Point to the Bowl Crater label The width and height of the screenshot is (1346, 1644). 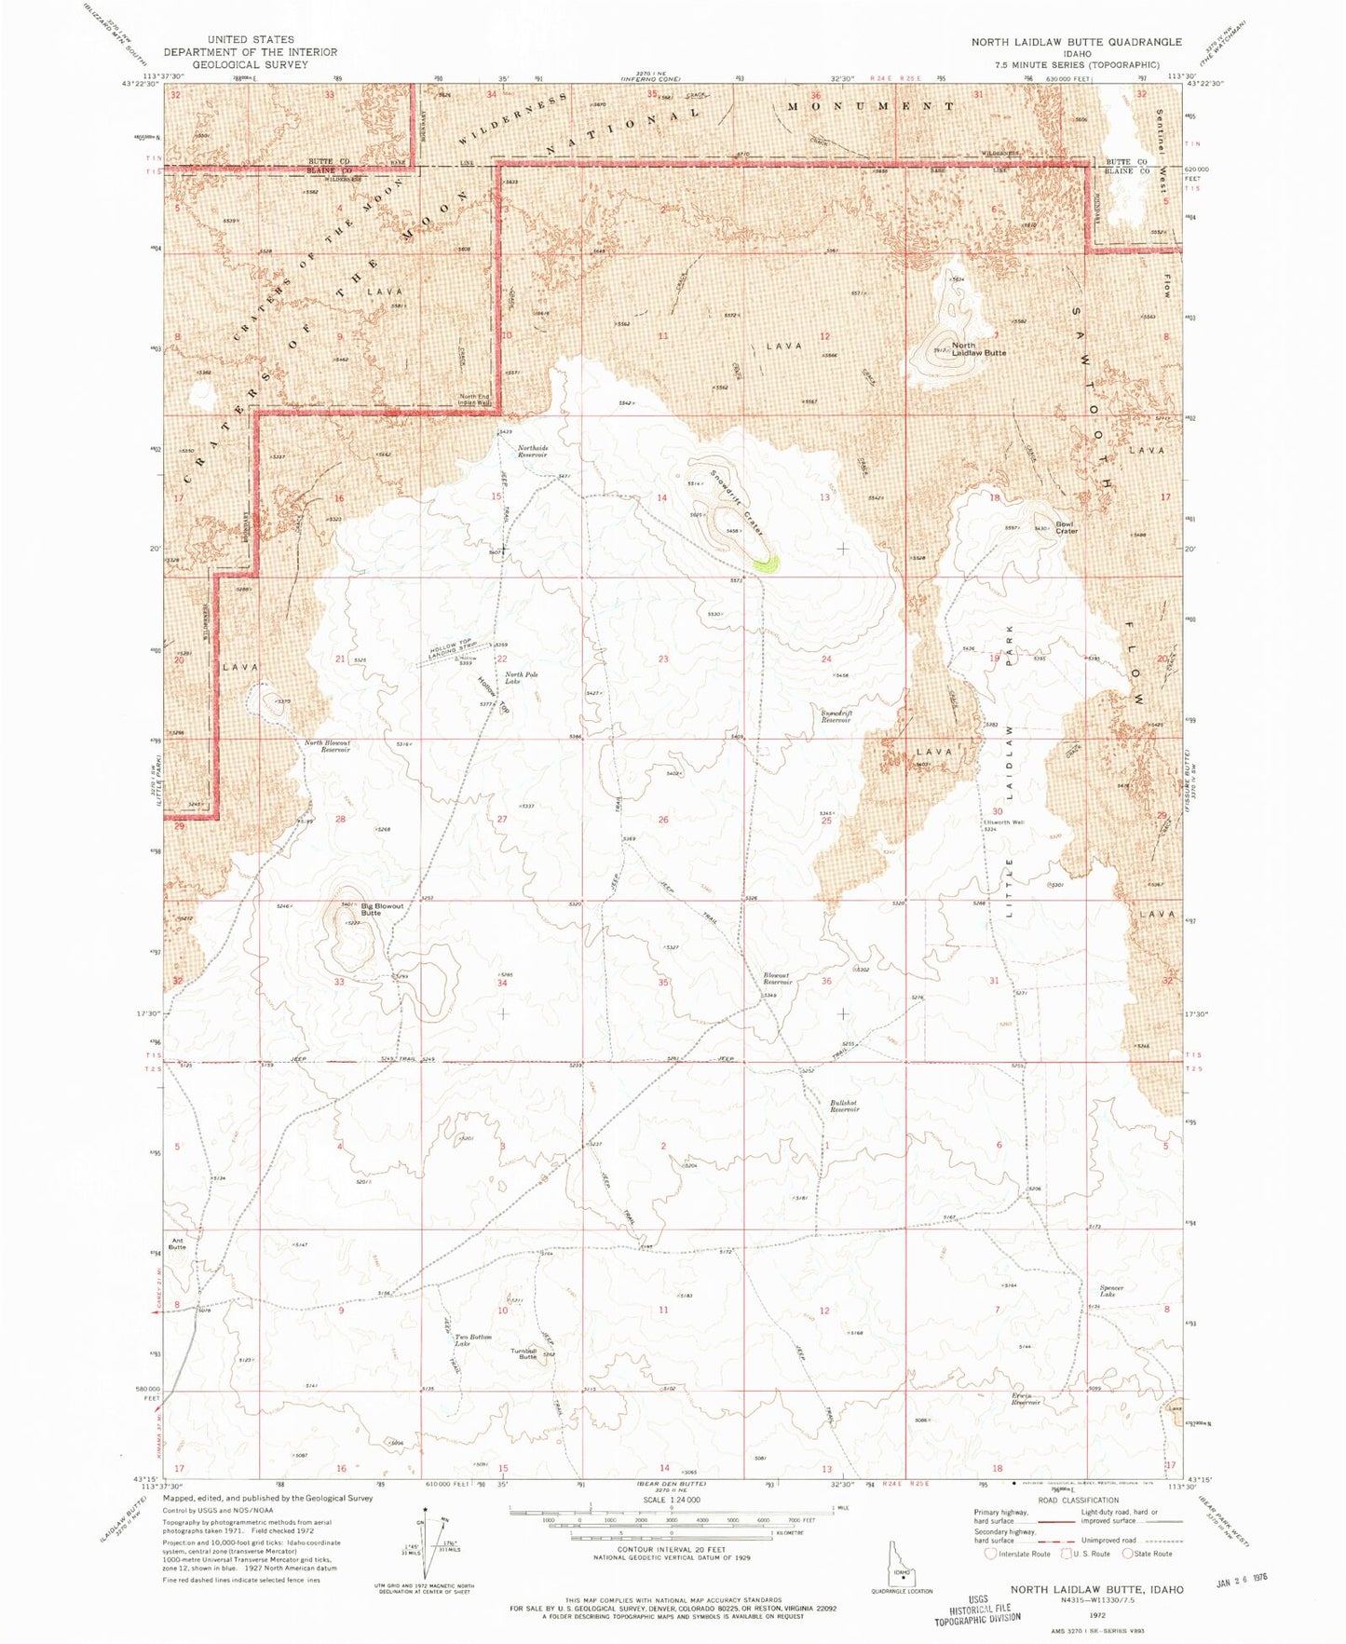[1066, 527]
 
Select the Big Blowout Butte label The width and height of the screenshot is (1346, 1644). [382, 909]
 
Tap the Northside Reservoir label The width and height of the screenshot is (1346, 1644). [533, 452]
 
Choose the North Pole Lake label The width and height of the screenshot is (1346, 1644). [521, 678]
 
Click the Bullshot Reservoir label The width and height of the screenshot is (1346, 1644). [844, 1107]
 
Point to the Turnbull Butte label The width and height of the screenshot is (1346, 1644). [527, 1354]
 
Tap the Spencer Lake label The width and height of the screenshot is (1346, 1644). [1111, 1291]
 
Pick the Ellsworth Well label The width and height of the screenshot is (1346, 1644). [1003, 822]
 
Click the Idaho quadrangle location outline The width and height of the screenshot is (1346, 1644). [901, 1572]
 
